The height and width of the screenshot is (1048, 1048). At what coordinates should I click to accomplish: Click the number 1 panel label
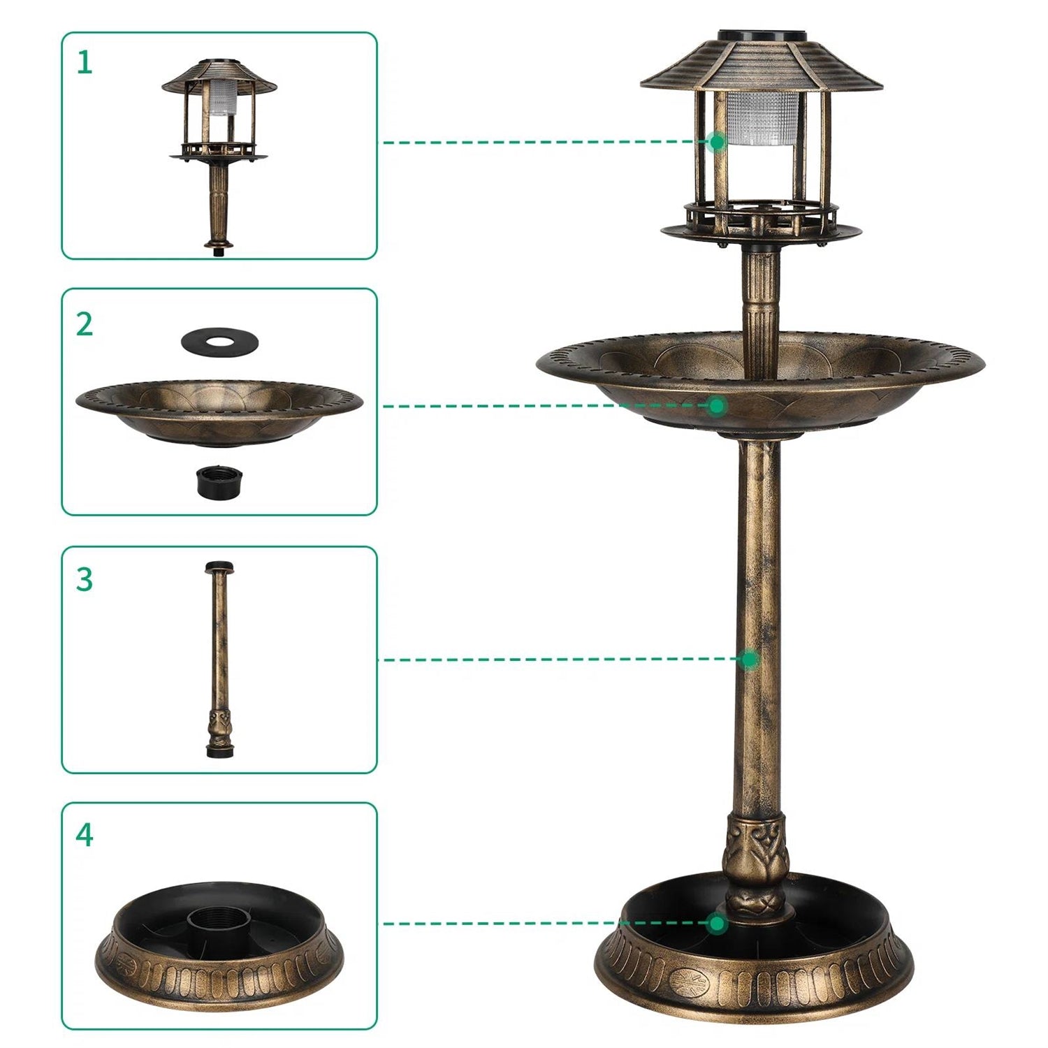click(x=85, y=63)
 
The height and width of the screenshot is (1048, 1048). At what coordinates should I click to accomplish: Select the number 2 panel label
click(x=85, y=325)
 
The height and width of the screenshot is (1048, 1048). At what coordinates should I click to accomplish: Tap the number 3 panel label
click(x=85, y=580)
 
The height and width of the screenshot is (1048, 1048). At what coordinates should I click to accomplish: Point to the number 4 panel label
click(x=85, y=835)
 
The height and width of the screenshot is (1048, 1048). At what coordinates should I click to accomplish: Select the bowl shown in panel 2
click(x=219, y=412)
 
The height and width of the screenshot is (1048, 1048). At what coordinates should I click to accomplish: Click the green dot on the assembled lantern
click(x=716, y=142)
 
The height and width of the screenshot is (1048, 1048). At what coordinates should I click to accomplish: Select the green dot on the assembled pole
click(x=750, y=659)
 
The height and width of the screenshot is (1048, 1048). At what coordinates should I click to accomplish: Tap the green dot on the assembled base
click(x=717, y=924)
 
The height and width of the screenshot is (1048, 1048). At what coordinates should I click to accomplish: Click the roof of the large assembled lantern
click(x=761, y=66)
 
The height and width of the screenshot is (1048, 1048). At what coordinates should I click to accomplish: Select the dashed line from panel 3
click(x=559, y=659)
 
